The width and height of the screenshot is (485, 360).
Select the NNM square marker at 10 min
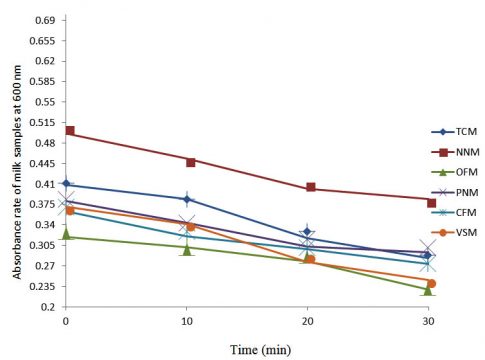[190, 160]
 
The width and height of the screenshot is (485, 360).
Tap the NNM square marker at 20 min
[311, 188]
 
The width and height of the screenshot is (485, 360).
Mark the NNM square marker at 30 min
[431, 200]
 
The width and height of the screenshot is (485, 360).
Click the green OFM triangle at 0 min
[66, 234]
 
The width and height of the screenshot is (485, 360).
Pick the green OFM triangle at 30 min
[429, 289]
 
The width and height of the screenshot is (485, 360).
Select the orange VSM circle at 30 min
[432, 284]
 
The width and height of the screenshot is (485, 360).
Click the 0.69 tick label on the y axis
[42, 20]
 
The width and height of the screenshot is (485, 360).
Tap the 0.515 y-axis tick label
[39, 122]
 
